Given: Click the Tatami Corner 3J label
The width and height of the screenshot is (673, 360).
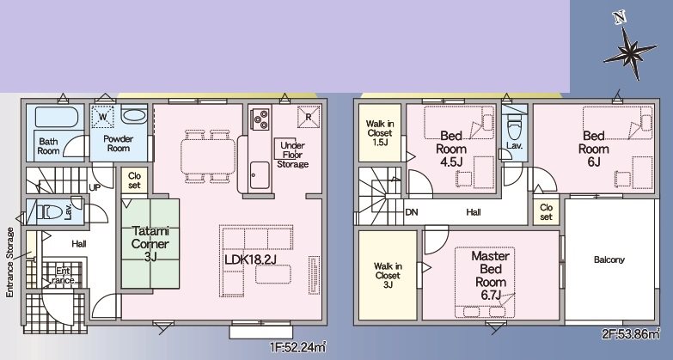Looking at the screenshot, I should pyautogui.click(x=149, y=242).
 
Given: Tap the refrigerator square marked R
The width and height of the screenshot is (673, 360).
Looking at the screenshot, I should pyautogui.click(x=307, y=115).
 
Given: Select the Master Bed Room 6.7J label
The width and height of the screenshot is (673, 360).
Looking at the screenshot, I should pyautogui.click(x=491, y=276).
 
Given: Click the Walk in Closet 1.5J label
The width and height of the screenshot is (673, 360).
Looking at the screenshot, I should pyautogui.click(x=380, y=134).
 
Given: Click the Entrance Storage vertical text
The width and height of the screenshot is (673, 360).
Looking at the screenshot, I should pyautogui.click(x=10, y=262).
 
